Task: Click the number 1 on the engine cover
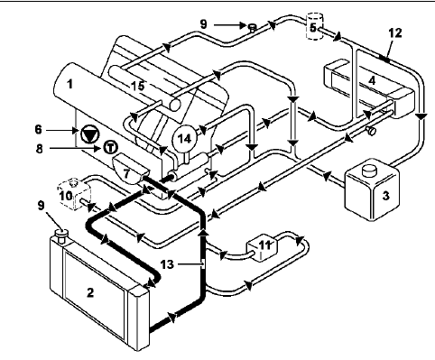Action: point(69,84)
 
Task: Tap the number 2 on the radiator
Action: point(90,292)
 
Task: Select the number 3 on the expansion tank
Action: point(385,196)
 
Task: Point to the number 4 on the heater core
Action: point(372,80)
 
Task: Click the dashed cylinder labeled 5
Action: point(314,26)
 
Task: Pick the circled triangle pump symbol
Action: point(89,134)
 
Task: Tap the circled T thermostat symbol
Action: point(111,147)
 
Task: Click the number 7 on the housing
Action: point(126,173)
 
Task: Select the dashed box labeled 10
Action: point(74,193)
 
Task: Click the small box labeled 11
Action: point(263,246)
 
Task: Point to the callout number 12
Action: point(395,32)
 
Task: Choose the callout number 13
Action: point(167,264)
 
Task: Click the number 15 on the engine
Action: point(138,86)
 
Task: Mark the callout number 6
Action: point(38,130)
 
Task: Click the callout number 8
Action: point(40,149)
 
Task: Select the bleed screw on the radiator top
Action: point(61,235)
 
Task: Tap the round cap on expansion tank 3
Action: point(369,171)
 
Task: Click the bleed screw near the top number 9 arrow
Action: point(252,28)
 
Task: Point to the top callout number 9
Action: point(204,24)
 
